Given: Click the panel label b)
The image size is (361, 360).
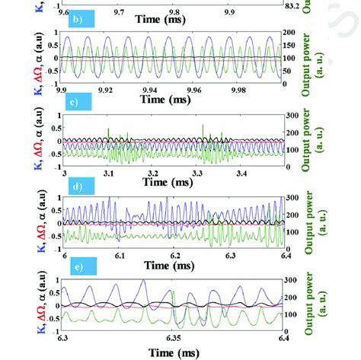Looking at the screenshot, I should tap(76, 21).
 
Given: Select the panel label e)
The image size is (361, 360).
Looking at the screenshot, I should tap(78, 266).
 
